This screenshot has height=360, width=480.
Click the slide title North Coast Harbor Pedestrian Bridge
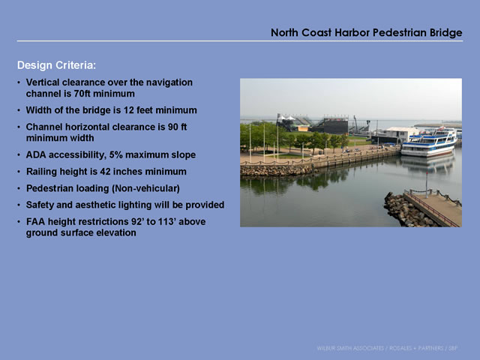coord(367,32)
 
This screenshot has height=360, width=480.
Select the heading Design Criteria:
coord(57,65)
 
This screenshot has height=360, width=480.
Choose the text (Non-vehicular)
coord(145,188)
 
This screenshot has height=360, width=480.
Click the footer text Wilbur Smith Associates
coord(350,348)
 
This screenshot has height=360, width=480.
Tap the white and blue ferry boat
coord(429,142)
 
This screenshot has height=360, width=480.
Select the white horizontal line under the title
coord(240,40)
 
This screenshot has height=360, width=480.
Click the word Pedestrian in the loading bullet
coord(50,188)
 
